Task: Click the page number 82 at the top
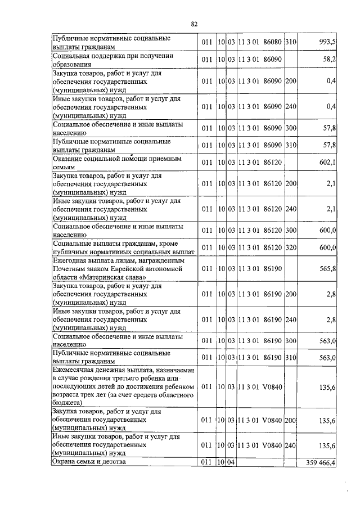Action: [194, 24]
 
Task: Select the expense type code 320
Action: [291, 247]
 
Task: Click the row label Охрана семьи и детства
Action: [89, 462]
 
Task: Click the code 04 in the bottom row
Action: [231, 462]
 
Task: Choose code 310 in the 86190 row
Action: [291, 358]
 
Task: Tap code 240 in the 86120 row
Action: [291, 210]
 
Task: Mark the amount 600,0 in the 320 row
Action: [327, 247]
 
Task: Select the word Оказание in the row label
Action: [67, 159]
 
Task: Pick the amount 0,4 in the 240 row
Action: [331, 107]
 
